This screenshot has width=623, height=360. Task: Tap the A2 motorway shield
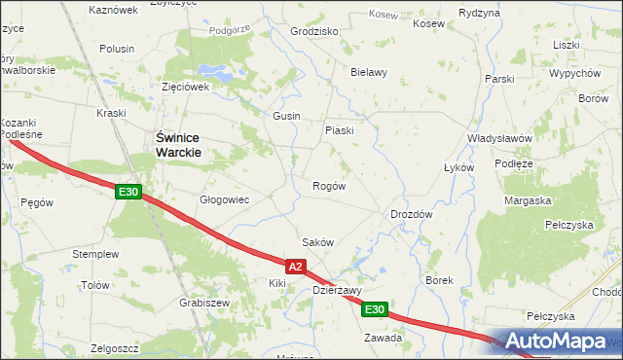tap(298, 265)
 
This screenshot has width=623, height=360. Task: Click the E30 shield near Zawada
tap(376, 310)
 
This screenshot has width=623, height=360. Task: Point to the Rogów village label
tap(328, 186)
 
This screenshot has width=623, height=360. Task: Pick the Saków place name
tap(318, 243)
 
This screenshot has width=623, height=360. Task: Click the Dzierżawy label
tap(337, 290)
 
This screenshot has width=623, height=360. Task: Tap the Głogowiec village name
tap(225, 199)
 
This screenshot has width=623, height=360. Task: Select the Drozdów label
tap(411, 213)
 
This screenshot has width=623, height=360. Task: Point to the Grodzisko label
tap(314, 31)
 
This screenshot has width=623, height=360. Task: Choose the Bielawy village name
tap(369, 72)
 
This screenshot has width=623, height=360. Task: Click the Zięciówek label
tap(186, 87)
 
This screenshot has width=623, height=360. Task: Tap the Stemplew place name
tap(95, 254)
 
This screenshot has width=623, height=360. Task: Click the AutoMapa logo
tap(558, 342)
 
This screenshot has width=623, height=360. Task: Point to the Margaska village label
tap(528, 200)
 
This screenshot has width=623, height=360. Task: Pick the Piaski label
tap(339, 130)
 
